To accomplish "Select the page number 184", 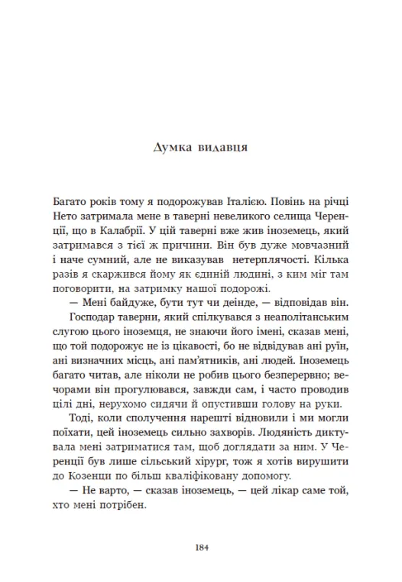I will point(201,548).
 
